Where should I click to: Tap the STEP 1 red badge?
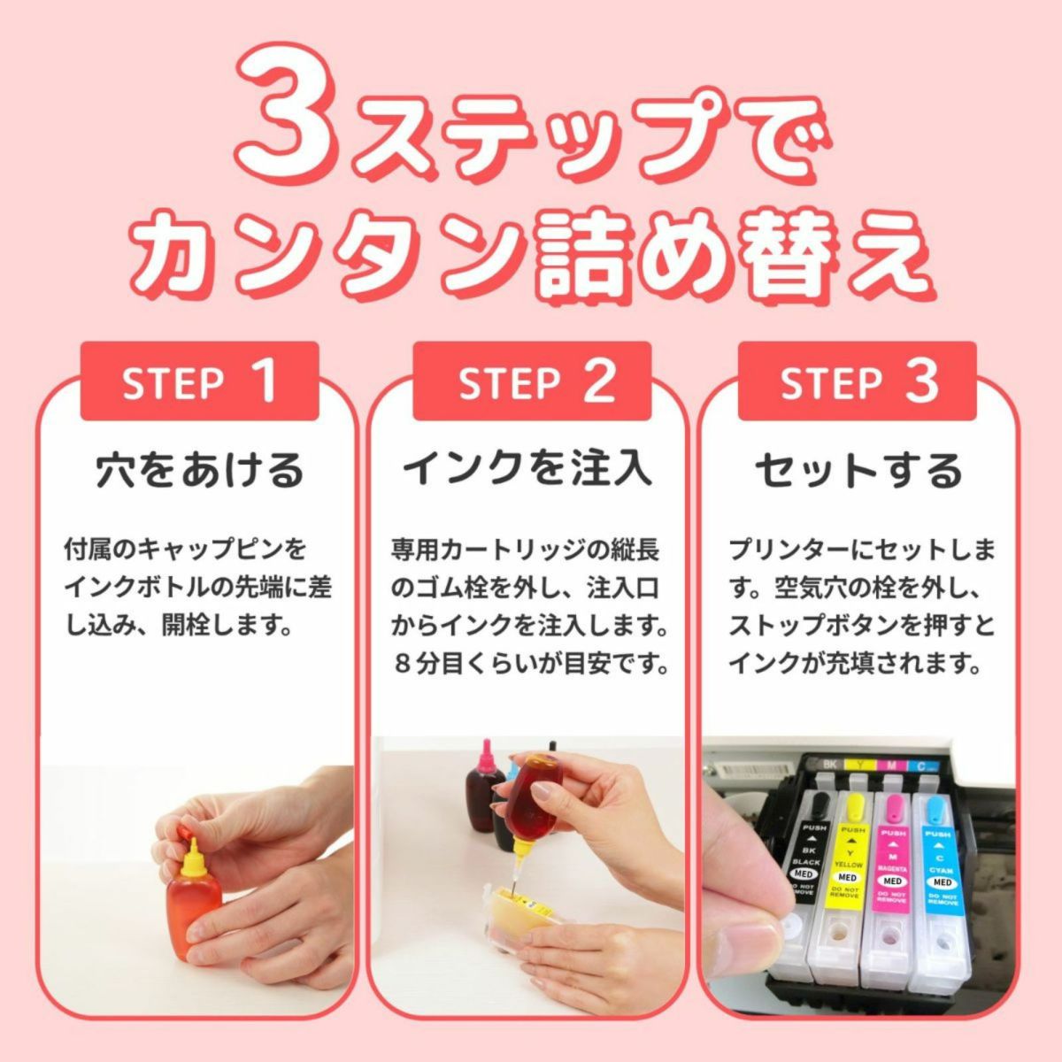tap(199, 381)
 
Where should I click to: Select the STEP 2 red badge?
tap(536, 381)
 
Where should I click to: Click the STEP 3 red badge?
tap(858, 381)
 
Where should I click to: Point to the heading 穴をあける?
tap(199, 470)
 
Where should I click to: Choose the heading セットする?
tap(858, 470)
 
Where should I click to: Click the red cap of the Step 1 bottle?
tap(185, 832)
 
